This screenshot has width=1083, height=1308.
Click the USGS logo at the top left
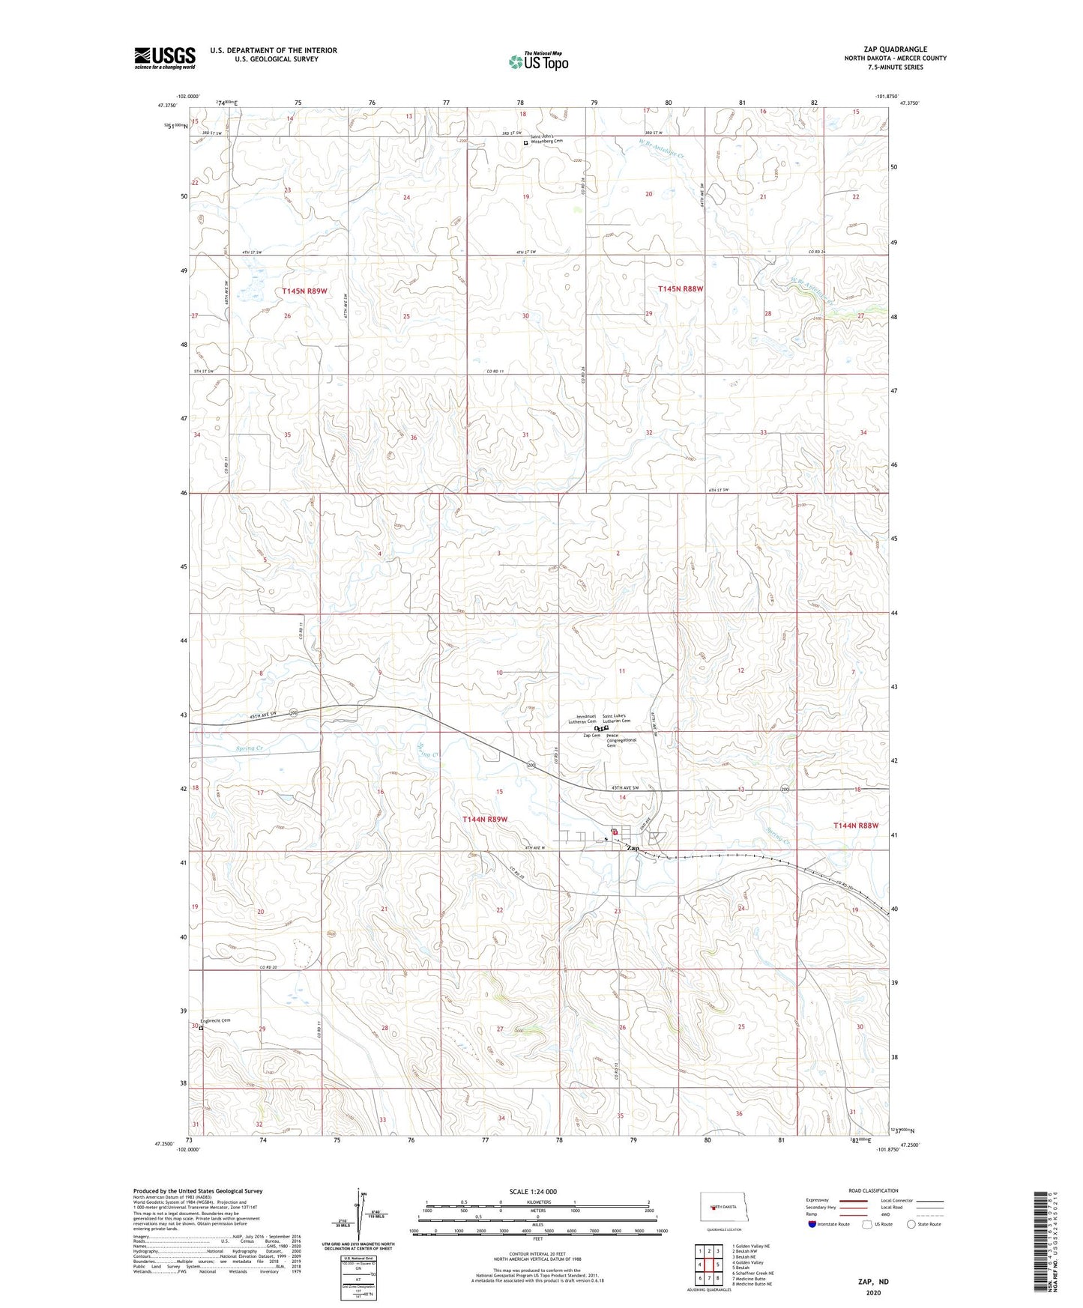coord(165,58)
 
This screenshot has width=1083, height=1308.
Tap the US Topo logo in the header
coord(538,61)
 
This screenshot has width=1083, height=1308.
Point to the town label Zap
coord(633,848)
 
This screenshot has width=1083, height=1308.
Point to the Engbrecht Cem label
coord(217,1020)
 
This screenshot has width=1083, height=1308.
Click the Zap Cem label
coord(591,736)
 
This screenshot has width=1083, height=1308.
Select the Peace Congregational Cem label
coord(621,740)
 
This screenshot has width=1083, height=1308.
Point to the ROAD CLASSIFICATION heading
coord(873,1190)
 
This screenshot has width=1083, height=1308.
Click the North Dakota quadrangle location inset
coord(723,1208)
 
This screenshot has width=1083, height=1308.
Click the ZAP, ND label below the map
coord(873,1282)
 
